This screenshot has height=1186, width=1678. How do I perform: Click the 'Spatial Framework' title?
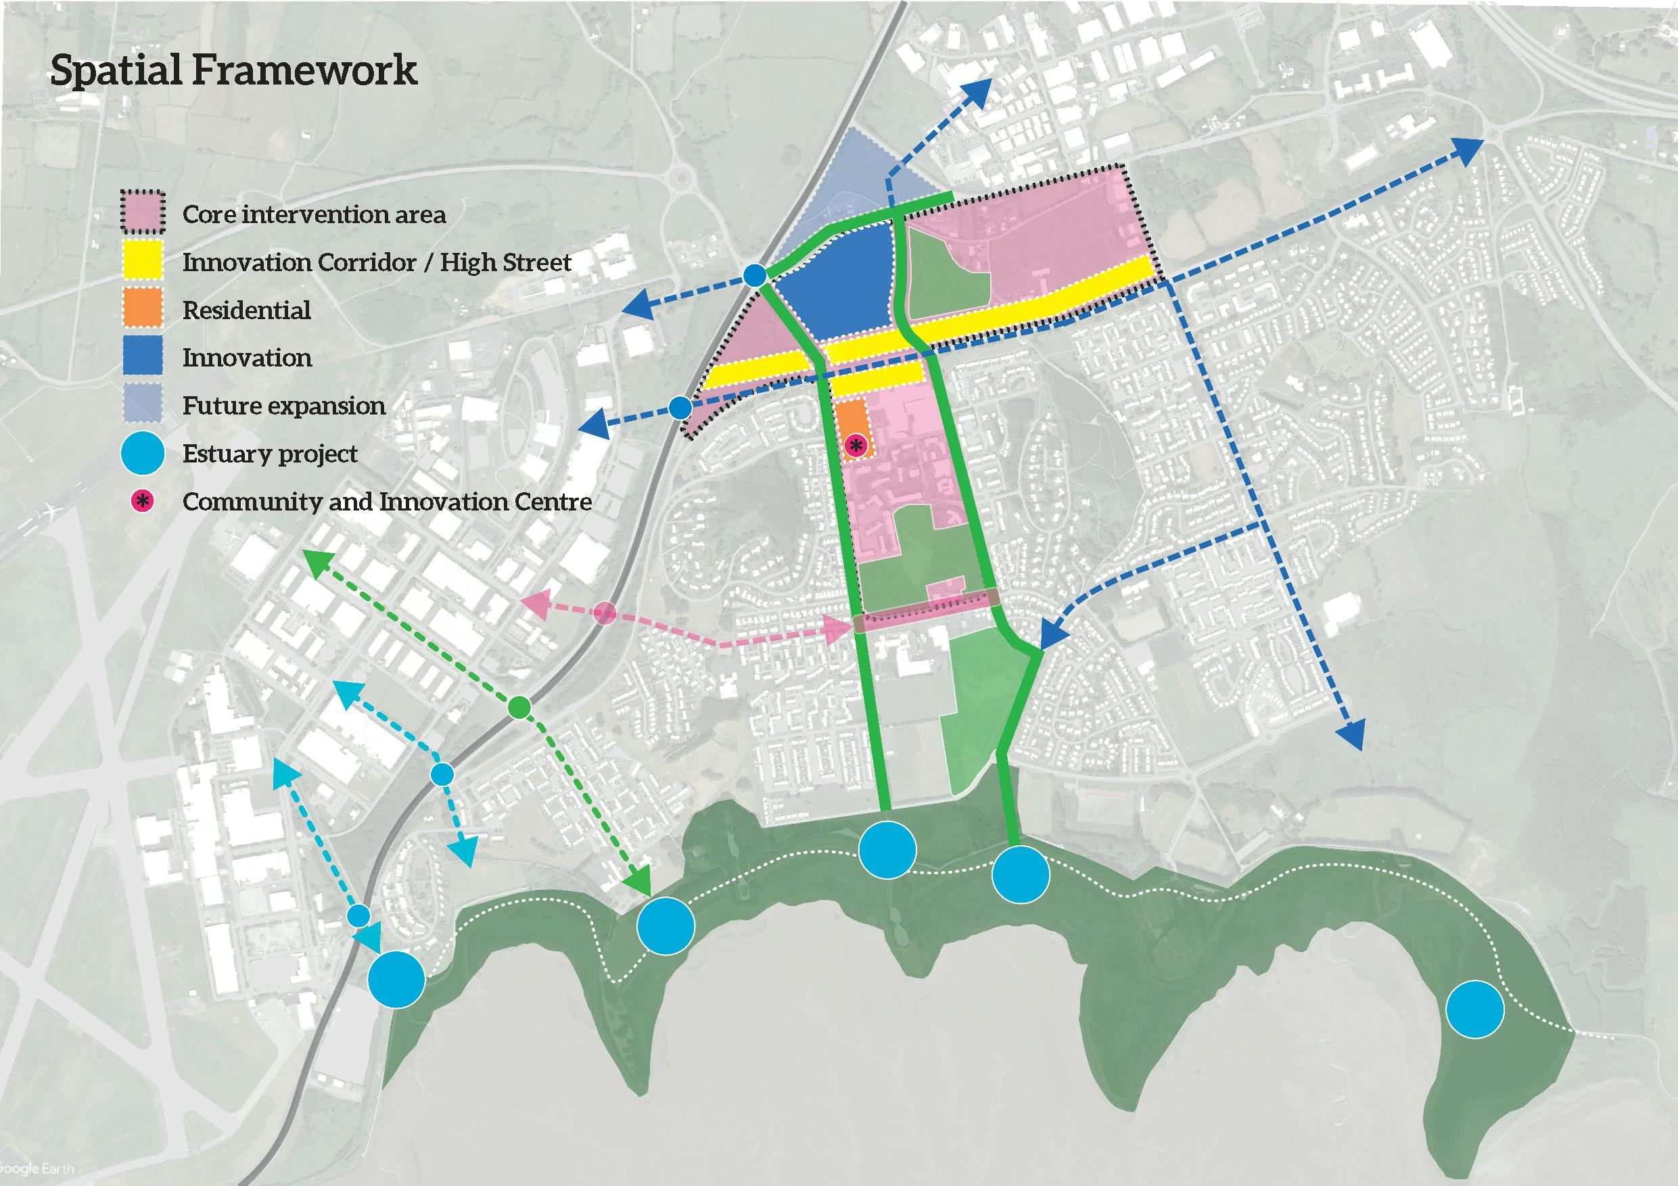click(x=233, y=71)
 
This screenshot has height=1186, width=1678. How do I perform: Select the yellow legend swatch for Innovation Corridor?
click(x=143, y=262)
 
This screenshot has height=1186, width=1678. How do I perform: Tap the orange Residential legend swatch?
click(x=143, y=309)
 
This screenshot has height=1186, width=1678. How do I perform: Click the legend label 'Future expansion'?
click(x=283, y=406)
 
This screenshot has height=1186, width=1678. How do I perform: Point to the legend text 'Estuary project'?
click(x=270, y=454)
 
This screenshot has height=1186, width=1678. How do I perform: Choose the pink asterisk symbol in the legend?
click(x=143, y=501)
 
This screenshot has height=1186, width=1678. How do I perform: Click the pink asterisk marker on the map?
click(x=856, y=444)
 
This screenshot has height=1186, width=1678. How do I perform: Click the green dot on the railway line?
click(x=519, y=707)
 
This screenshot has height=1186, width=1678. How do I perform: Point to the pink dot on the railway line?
click(x=604, y=614)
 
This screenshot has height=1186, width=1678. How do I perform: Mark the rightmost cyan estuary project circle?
click(x=1475, y=1010)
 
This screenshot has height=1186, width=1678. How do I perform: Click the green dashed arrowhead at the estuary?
click(x=641, y=879)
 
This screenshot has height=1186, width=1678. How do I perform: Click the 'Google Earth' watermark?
click(x=37, y=1168)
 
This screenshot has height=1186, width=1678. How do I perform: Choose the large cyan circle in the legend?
click(x=143, y=453)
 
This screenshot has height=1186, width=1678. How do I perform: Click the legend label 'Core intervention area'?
click(x=314, y=214)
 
